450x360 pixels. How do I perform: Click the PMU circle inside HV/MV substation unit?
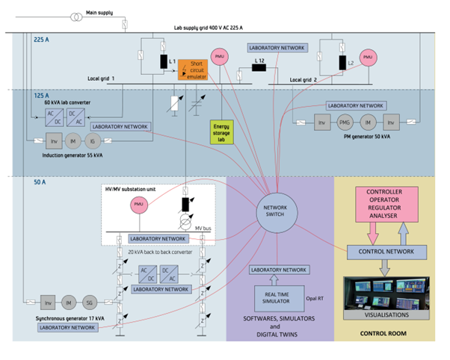tap(138, 204)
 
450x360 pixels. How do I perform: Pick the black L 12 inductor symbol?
tap(259, 68)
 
